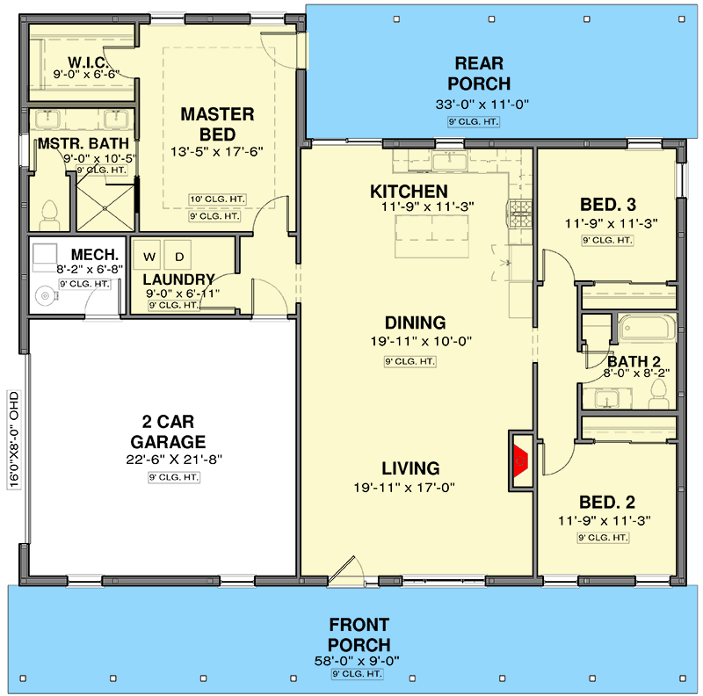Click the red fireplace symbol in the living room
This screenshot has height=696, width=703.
click(x=520, y=460)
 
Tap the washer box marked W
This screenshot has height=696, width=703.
click(x=149, y=256)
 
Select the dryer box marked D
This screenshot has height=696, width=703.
click(x=178, y=256)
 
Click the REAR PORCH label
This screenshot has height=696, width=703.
click(x=479, y=74)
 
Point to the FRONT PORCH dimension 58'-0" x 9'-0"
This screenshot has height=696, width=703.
click(x=357, y=661)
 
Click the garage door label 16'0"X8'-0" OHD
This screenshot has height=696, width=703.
click(x=14, y=439)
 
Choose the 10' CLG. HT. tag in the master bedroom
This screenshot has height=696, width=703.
click(x=217, y=199)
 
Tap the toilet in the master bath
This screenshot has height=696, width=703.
click(x=49, y=216)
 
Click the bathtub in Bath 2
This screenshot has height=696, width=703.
click(x=647, y=328)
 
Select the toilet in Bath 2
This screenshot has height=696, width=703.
click(x=658, y=394)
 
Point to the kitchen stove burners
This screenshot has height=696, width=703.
click(x=520, y=214)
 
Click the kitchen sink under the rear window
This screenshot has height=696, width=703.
click(x=450, y=160)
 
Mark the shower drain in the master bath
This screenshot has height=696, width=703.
click(x=105, y=208)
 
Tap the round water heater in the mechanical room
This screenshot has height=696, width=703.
click(x=45, y=295)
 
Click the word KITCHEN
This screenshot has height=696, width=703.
click(x=409, y=192)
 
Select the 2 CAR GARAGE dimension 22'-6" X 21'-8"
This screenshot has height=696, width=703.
click(x=174, y=460)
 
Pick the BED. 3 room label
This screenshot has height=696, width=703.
click(x=608, y=205)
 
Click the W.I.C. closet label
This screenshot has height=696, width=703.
click(x=88, y=62)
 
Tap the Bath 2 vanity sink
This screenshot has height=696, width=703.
click(x=606, y=398)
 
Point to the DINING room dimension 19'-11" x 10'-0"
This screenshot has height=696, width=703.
click(x=421, y=341)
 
